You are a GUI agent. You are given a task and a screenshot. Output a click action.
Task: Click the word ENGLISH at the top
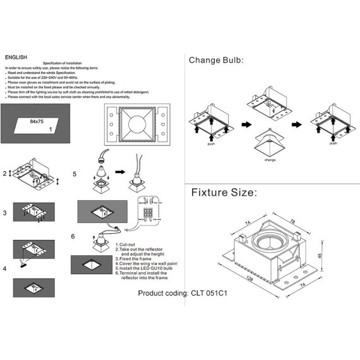click(x=16, y=57)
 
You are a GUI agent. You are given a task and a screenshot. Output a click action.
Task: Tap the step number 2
click(x=5, y=173)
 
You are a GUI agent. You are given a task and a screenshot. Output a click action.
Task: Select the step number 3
click(x=5, y=213)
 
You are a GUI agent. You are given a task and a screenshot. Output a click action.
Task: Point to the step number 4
click(x=5, y=268)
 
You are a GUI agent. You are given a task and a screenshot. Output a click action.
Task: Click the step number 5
click(x=74, y=174)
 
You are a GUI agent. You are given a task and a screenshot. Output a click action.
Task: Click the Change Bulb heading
click(x=216, y=61)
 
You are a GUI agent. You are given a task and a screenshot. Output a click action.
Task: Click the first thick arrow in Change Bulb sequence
click(x=248, y=124)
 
